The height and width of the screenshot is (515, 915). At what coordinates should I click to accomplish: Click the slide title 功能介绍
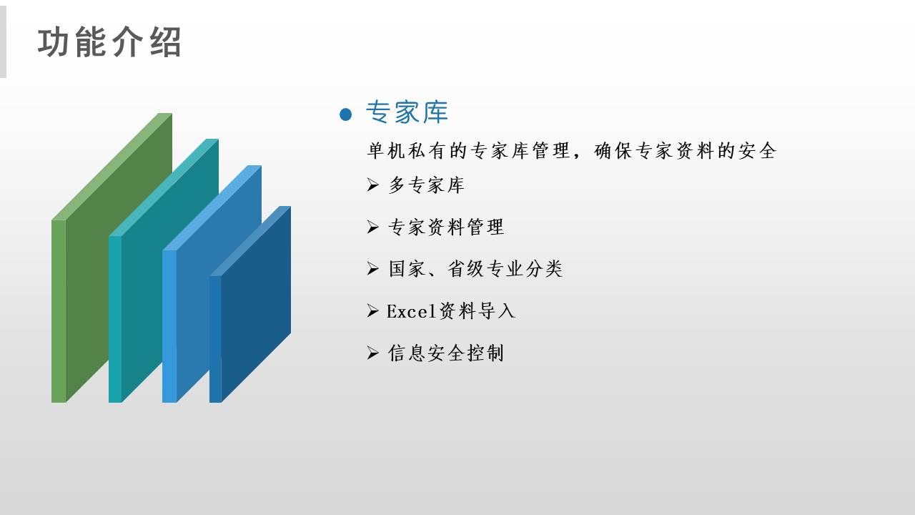coord(109,42)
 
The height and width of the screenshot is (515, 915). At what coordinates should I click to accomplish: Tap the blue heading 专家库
coord(407,112)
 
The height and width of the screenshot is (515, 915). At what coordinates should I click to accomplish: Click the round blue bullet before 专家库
coord(345,114)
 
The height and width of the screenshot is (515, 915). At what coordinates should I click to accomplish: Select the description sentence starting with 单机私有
coord(571,151)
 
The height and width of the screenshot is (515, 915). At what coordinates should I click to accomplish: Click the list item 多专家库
coord(426,185)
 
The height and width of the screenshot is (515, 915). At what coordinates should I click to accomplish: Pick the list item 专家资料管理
coord(446,227)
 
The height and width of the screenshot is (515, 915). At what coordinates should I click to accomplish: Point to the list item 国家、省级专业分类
coord(475,269)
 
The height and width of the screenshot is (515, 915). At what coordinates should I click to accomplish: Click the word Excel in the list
coord(411,311)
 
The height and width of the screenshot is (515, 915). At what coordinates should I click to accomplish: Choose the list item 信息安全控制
coord(445,353)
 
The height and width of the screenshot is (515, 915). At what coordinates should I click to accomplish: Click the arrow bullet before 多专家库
coord(372,185)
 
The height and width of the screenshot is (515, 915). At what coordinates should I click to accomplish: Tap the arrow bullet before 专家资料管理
coord(372,227)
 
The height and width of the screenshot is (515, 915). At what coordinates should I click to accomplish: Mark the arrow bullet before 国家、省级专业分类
coord(372,269)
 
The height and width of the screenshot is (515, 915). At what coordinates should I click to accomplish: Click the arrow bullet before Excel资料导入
coord(372,311)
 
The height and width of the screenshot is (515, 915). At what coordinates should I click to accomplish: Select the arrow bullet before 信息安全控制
coord(372,353)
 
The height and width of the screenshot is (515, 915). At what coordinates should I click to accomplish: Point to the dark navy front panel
coord(255,310)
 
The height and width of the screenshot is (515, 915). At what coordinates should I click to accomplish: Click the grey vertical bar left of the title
coord(3,41)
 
